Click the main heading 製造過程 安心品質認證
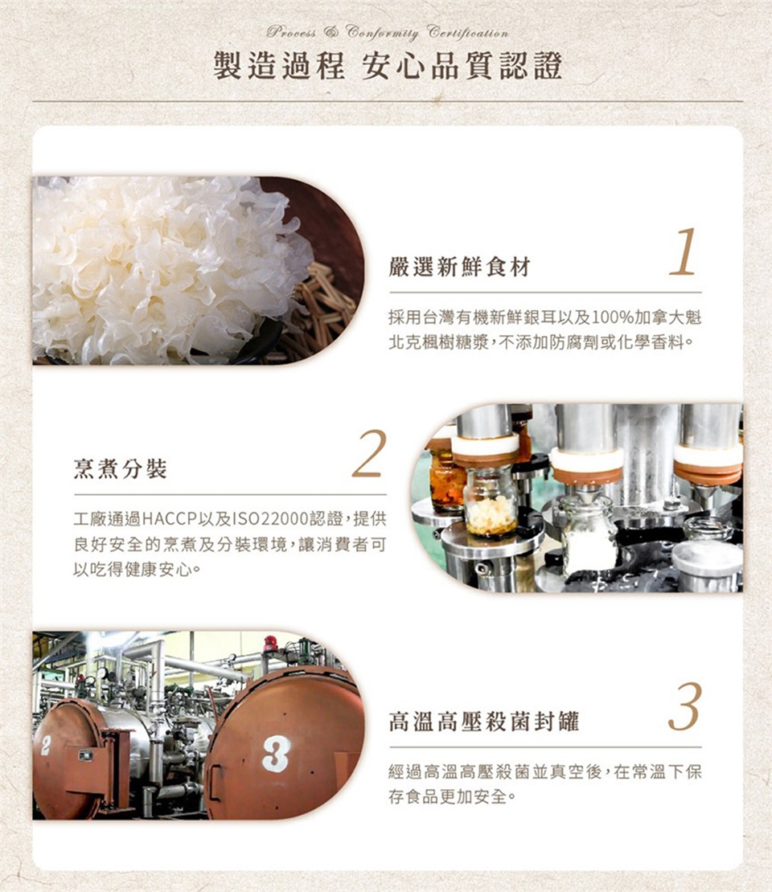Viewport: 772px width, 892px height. tap(388, 65)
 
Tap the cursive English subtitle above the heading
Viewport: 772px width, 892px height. tap(387, 32)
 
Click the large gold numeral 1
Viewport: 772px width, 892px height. tap(684, 252)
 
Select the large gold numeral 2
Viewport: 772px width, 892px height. tap(369, 453)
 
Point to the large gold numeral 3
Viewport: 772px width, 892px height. tap(685, 706)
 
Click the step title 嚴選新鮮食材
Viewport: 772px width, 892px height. tap(459, 266)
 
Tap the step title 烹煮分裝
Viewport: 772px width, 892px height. tap(120, 469)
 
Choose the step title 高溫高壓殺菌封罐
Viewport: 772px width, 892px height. tap(483, 722)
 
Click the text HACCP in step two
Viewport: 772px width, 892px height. tap(169, 519)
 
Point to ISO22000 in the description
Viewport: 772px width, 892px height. tap(270, 519)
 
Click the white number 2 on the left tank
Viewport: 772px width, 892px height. tap(46, 745)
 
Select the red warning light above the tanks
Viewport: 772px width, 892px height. tap(270, 643)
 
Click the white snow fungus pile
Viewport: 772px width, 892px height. tap(165, 268)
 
